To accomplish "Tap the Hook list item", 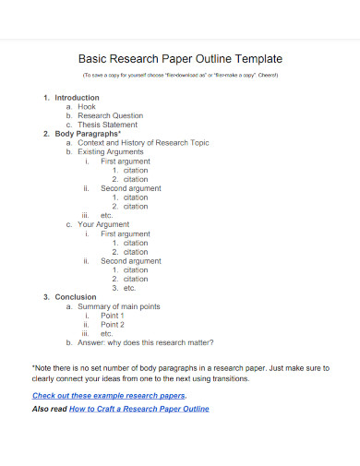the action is pyautogui.click(x=87, y=107).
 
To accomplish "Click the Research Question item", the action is pyautogui.click(x=110, y=116).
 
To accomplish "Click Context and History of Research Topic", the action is pyautogui.click(x=143, y=143).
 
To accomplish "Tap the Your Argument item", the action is pyautogui.click(x=103, y=224).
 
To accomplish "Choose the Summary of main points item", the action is pyautogui.click(x=118, y=306).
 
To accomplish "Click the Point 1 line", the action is pyautogui.click(x=113, y=316).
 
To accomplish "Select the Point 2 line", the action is pyautogui.click(x=113, y=325).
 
